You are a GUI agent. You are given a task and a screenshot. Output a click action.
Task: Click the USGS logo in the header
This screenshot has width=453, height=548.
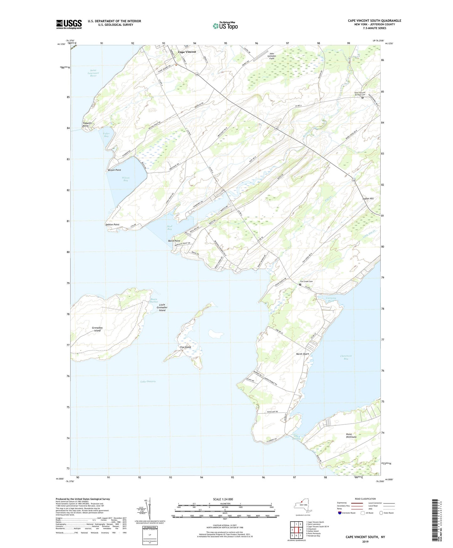click(x=69, y=24)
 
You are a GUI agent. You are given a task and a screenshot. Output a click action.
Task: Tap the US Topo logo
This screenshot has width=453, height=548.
click(x=225, y=25)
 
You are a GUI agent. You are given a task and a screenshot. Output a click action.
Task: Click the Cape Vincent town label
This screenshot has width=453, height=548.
click(x=187, y=52)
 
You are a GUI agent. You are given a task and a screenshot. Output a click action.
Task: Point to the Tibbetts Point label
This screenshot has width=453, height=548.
click(x=87, y=124)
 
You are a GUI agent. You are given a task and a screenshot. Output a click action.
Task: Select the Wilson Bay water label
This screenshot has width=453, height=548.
click(x=125, y=179)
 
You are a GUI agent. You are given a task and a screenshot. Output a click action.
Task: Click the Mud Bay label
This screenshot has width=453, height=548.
click(x=169, y=228)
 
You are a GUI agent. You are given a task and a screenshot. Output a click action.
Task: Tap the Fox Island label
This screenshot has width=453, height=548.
click(x=186, y=347)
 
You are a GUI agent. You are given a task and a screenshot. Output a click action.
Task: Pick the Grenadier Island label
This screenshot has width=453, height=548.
click(x=97, y=329)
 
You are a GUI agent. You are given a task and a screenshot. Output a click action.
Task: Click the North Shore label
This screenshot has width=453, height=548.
click(x=303, y=354)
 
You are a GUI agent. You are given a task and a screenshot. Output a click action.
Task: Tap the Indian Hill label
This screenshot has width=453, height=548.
click(x=368, y=199)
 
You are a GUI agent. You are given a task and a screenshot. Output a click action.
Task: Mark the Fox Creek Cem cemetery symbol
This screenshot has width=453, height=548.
click(x=300, y=285)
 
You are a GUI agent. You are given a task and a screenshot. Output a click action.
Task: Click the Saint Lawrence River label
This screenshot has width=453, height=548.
click(x=93, y=73)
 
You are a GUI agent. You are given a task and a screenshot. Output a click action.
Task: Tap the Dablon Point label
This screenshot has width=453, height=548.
click(x=112, y=225)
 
